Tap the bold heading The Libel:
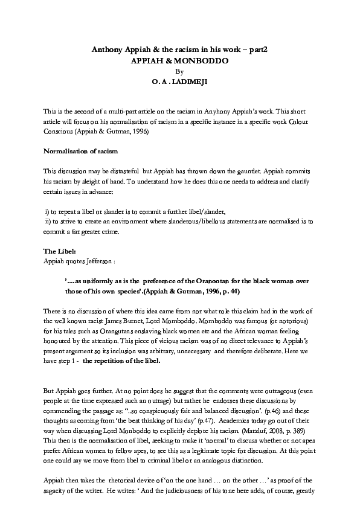(59, 250)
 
